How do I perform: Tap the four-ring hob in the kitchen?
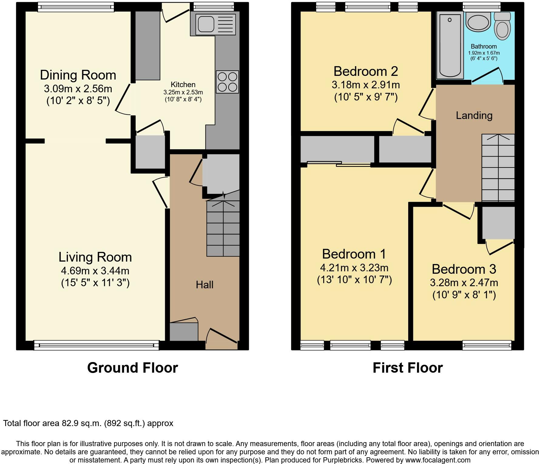coord(227,82)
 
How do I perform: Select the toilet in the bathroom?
coord(502,26)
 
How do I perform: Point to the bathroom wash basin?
coord(478,22)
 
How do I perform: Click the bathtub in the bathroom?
coord(450,45)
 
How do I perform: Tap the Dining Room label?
coord(78,75)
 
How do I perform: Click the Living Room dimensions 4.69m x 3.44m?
coord(95,270)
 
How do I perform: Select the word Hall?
coord(205,285)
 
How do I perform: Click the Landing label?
coord(474,115)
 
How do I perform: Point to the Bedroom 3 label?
coord(464,269)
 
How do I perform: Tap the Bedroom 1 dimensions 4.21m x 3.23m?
coord(354,268)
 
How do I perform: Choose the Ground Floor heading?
coord(133,368)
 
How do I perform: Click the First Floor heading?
coord(408,368)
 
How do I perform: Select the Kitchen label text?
coord(183,85)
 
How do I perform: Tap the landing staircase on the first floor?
coord(498,168)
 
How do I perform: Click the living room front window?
coord(97,345)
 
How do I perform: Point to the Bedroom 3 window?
coord(487,345)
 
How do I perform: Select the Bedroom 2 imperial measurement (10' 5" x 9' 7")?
coord(366,97)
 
